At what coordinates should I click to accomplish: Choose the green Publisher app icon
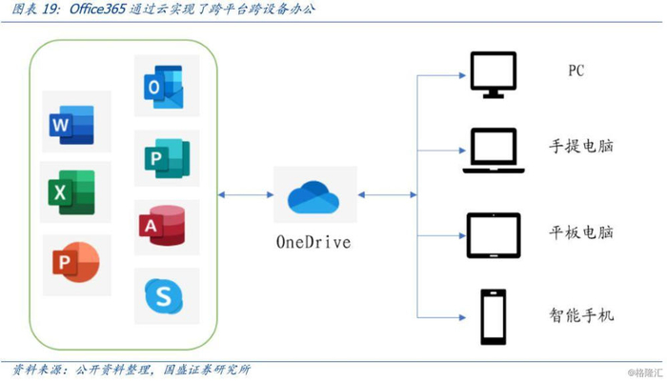[x=164, y=157]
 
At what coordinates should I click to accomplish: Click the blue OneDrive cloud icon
[x=313, y=197]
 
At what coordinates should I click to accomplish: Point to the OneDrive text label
[x=313, y=242]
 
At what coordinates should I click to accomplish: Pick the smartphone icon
[x=494, y=315]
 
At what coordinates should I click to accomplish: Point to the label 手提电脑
[x=581, y=149]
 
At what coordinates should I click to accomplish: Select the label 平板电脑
[x=581, y=231]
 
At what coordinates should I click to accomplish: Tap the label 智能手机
[x=581, y=312]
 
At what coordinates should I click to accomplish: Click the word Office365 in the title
[x=103, y=10]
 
